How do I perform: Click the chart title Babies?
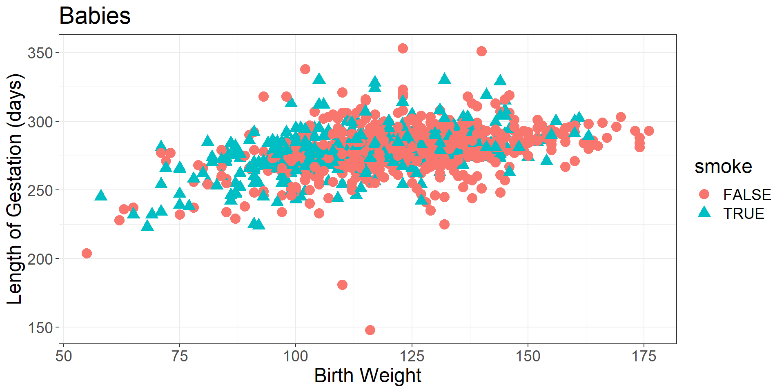(95, 16)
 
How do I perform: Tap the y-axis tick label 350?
(40, 53)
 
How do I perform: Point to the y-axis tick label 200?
(40, 259)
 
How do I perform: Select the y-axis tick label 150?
(40, 328)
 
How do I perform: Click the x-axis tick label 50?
(64, 356)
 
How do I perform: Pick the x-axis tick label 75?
(180, 356)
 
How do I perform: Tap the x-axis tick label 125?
(412, 356)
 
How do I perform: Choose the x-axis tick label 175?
(644, 356)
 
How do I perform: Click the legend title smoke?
(723, 167)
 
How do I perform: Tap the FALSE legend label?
(747, 195)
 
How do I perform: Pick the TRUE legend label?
(744, 214)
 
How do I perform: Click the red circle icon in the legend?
(704, 194)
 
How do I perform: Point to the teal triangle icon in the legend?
(704, 212)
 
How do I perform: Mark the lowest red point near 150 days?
(370, 330)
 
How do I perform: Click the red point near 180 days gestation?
(342, 285)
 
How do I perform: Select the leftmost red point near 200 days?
(87, 253)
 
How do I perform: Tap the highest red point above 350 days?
(403, 49)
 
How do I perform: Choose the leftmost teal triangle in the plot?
(101, 196)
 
